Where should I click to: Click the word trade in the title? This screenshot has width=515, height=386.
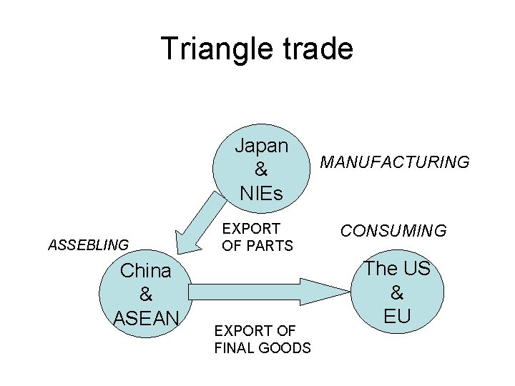(x=314, y=49)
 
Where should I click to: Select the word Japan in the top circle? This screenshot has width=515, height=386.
(x=262, y=146)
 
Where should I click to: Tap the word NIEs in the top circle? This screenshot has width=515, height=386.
(x=262, y=193)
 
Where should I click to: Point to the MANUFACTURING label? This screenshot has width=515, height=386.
(x=395, y=162)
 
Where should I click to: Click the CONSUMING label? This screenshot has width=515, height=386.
(x=393, y=231)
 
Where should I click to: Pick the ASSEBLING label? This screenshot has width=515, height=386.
(x=88, y=245)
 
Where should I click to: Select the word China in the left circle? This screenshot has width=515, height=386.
(x=146, y=271)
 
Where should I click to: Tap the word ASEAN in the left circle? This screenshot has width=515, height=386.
(x=147, y=317)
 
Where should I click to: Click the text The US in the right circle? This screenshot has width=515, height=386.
(x=398, y=269)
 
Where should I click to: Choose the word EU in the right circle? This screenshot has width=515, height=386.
(x=398, y=315)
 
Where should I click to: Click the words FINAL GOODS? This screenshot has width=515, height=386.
(x=263, y=348)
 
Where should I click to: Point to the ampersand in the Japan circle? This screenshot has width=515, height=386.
(x=262, y=169)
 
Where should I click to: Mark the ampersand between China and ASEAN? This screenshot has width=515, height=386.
(x=146, y=294)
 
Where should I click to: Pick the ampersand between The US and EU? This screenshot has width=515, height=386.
(x=398, y=292)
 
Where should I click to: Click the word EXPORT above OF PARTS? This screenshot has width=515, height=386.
(x=251, y=229)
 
